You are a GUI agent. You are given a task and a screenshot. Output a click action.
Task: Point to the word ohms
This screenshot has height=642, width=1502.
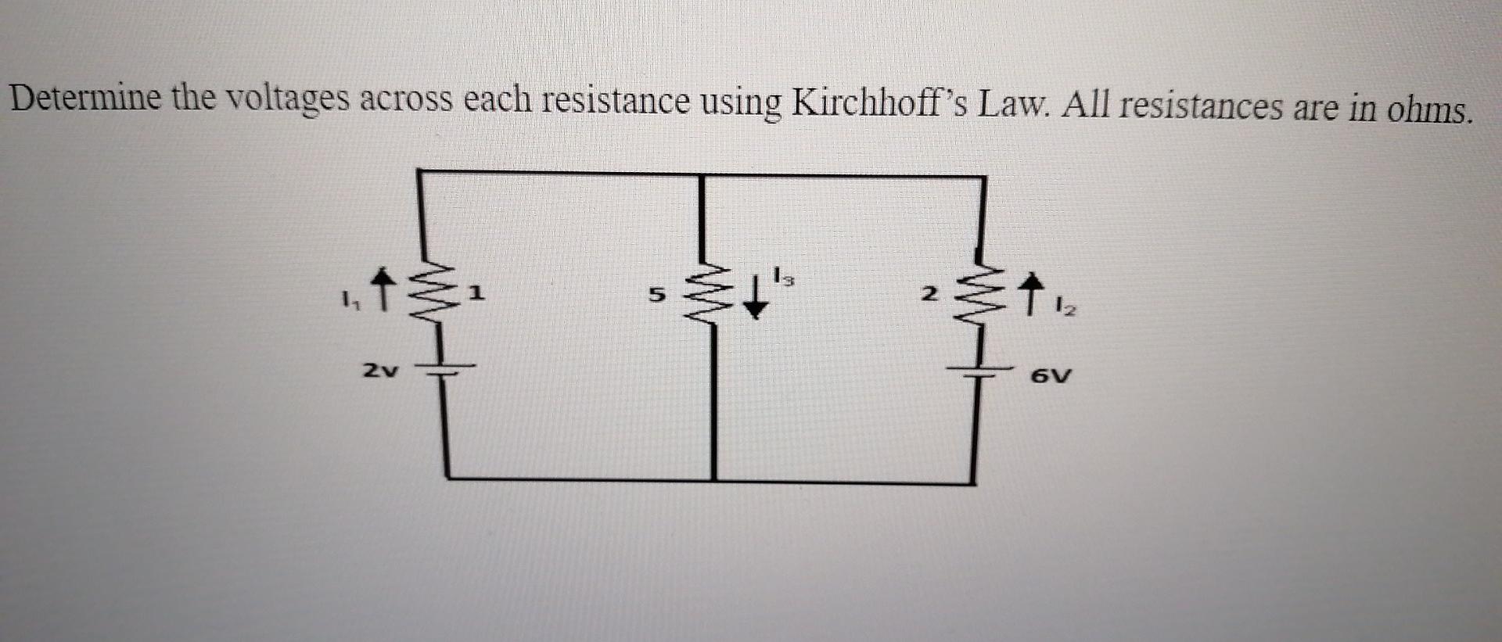pyautogui.click(x=1431, y=109)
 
